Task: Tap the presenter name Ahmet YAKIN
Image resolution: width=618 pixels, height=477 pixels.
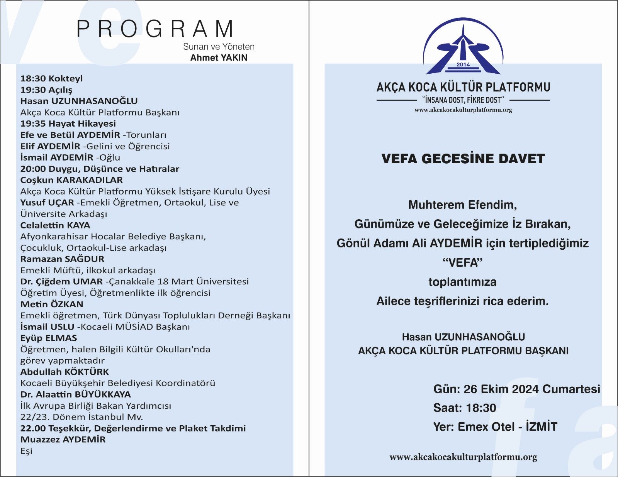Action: point(219,58)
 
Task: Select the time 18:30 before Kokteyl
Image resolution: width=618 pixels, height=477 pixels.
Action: point(32,78)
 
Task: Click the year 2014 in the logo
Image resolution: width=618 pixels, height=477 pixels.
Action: point(463,64)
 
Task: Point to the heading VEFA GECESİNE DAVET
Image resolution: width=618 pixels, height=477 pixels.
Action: point(463,159)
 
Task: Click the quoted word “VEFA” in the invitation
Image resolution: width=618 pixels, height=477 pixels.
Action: point(463,263)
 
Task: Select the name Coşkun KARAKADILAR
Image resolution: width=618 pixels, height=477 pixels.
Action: point(71,180)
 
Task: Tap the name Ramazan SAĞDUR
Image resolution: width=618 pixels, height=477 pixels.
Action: point(62,259)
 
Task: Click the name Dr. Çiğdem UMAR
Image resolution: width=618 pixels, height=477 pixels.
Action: point(61,281)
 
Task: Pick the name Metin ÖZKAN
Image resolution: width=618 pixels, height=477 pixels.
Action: point(52,304)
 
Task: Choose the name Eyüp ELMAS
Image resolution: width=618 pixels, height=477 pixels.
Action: point(49,338)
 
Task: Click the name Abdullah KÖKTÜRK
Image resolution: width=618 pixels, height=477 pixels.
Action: point(65,372)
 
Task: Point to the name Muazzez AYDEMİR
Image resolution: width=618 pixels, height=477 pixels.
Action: point(63,440)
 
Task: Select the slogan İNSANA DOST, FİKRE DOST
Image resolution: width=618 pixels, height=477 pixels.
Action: point(463,100)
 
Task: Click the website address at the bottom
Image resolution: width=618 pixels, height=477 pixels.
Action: point(463,457)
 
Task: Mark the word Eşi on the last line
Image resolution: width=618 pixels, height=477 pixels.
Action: point(26,451)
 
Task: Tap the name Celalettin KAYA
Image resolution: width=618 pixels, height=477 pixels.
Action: point(55,225)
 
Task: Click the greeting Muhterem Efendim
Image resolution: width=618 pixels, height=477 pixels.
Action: point(462,205)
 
